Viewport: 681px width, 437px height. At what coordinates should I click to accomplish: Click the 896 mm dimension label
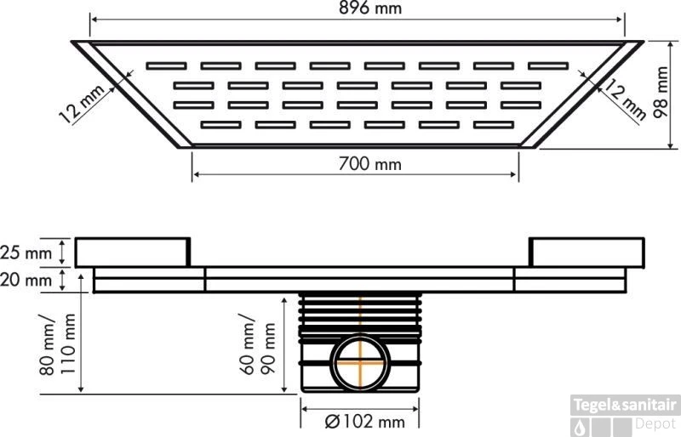[x=370, y=8]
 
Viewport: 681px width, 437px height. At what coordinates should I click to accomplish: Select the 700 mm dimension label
[x=369, y=164]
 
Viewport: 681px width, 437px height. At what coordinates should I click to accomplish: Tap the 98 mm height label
[x=661, y=92]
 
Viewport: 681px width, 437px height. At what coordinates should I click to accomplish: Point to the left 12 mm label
[x=82, y=103]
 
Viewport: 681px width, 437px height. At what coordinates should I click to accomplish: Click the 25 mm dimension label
[x=26, y=253]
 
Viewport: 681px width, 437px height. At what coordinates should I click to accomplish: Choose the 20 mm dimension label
[x=26, y=280]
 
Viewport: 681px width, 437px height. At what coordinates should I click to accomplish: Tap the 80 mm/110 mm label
[x=57, y=343]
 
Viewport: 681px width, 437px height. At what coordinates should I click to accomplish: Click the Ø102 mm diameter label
[x=365, y=422]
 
